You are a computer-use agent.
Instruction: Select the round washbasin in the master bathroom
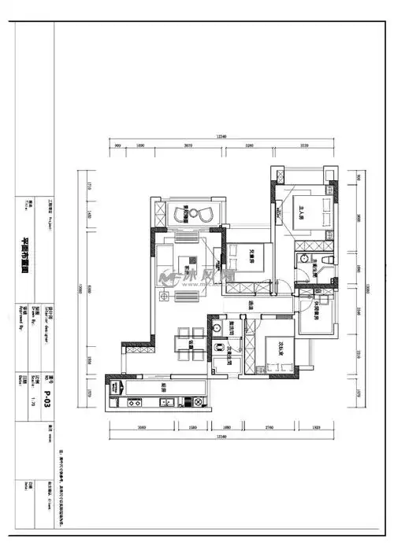coord(303,260)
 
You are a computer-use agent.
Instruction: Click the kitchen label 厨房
coord(162,385)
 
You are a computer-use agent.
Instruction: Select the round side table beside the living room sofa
coord(164,297)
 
